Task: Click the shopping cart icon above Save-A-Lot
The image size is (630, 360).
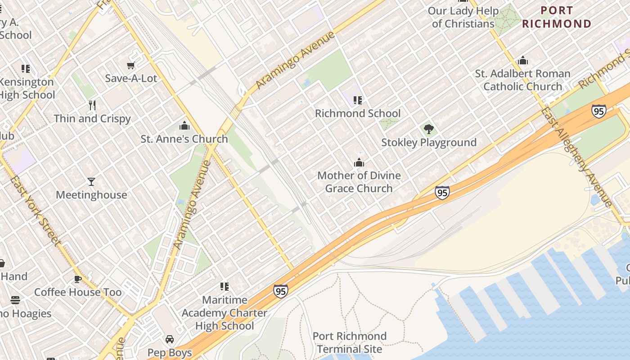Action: (131, 66)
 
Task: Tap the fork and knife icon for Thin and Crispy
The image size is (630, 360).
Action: (92, 105)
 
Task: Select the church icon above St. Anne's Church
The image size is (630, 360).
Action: (184, 126)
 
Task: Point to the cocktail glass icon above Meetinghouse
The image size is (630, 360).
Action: (91, 182)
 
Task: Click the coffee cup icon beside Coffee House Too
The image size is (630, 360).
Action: (78, 279)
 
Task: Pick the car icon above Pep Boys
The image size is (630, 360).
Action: (170, 339)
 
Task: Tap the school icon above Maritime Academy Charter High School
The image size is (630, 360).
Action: (225, 287)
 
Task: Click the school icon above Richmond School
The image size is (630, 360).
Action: (358, 100)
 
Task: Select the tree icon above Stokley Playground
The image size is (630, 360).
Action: (429, 130)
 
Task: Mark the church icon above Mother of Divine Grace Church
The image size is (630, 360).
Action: (359, 162)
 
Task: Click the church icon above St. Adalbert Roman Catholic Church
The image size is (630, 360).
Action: (523, 60)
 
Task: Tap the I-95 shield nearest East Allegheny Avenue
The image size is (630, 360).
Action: (599, 111)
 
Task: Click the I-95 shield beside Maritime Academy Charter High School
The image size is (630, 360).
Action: (280, 291)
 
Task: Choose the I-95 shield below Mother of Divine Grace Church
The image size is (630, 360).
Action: (442, 193)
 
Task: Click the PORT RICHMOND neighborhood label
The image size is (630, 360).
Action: (557, 17)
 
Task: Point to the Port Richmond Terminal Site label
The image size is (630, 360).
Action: (349, 342)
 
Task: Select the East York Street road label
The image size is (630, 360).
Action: (35, 211)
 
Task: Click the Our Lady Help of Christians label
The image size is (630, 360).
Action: (463, 17)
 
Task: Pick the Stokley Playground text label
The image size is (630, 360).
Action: (429, 143)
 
